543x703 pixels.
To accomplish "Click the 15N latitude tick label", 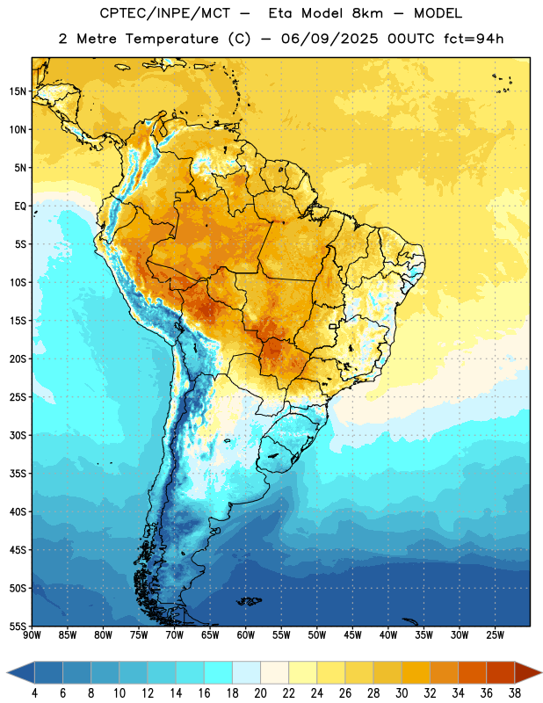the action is click(x=18, y=91).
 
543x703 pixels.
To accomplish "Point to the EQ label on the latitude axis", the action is click(x=20, y=207).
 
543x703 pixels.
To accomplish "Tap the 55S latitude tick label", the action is click(x=18, y=626).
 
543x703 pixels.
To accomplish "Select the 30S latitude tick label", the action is click(x=18, y=435).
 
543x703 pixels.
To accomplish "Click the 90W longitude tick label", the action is click(x=32, y=634).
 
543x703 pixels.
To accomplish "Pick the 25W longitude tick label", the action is click(x=495, y=634).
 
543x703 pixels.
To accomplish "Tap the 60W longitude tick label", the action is click(x=246, y=634).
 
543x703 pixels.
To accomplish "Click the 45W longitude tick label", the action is click(x=352, y=634).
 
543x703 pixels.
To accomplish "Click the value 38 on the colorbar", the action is click(x=514, y=693).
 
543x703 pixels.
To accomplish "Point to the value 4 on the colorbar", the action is click(x=34, y=693).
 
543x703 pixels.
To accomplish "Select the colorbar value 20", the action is click(x=260, y=693).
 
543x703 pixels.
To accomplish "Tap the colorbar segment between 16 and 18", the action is click(x=218, y=672).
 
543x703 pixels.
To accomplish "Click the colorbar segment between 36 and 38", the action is click(x=501, y=672).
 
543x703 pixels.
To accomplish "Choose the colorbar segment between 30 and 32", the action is click(x=416, y=672).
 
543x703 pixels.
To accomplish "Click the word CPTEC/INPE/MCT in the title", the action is click(x=165, y=13).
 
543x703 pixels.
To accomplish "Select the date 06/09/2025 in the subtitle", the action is click(x=329, y=39).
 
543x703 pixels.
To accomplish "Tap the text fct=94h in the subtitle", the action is click(x=474, y=39).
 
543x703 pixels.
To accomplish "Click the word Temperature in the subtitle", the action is click(x=171, y=39).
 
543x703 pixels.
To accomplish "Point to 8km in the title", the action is click(x=367, y=13).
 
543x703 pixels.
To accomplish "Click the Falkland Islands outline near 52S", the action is click(x=250, y=601).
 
